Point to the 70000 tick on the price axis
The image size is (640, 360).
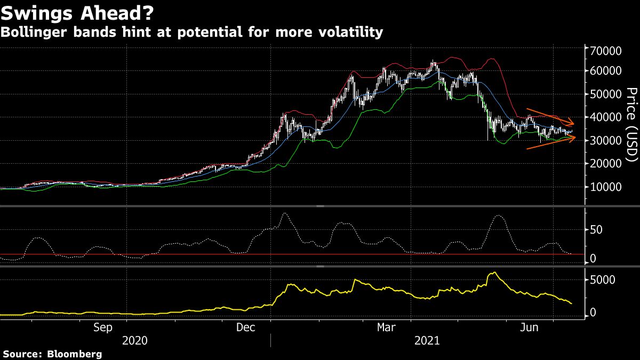tap(605, 51)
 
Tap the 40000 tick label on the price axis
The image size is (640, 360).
tap(605, 117)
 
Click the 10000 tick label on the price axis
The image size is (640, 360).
tap(605, 187)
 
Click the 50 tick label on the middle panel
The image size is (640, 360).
tap(596, 230)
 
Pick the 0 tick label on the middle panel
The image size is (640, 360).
tap(593, 259)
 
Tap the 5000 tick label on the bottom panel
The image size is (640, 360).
tap(602, 279)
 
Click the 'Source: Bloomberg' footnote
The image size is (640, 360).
tap(52, 354)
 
